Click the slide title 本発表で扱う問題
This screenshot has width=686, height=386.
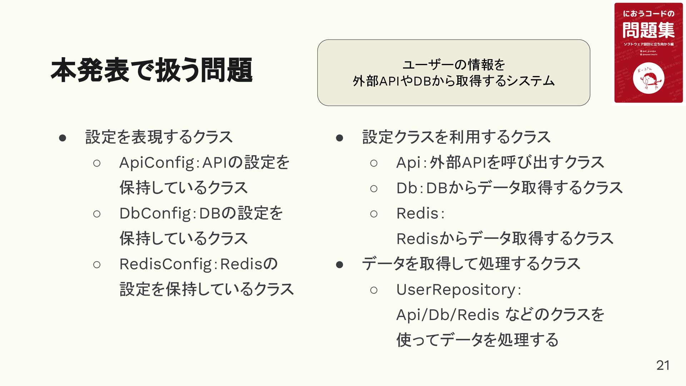click(151, 70)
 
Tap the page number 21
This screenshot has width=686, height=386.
click(663, 365)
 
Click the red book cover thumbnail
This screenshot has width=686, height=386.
click(648, 53)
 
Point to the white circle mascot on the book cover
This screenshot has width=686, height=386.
click(648, 78)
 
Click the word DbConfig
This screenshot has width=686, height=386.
click(156, 214)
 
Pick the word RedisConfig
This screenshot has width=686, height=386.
click(166, 264)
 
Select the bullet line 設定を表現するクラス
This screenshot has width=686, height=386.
click(159, 137)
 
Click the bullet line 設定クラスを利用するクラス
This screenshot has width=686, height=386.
click(456, 137)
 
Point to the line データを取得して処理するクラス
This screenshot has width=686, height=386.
click(471, 264)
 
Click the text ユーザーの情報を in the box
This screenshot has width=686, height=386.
click(454, 65)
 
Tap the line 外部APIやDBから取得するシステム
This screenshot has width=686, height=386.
click(454, 81)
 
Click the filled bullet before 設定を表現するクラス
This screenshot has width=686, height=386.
click(63, 138)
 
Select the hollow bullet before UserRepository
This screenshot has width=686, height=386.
click(374, 290)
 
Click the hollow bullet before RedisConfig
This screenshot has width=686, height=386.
click(96, 265)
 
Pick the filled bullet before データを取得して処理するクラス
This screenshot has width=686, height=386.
click(339, 265)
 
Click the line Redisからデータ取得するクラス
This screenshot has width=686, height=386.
click(505, 239)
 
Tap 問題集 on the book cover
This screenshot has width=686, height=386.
click(648, 30)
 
